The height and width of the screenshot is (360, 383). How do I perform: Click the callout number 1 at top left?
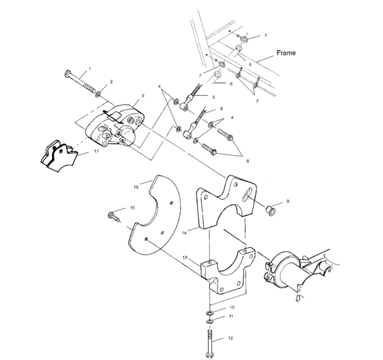click(x=90, y=69)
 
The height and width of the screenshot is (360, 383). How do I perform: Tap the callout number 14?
click(x=185, y=233)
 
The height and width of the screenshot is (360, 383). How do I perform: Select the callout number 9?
click(x=288, y=201)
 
